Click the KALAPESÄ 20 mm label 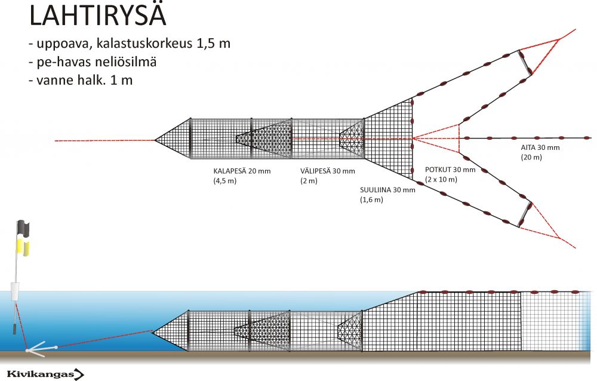pyautogui.click(x=242, y=171)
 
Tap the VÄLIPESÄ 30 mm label pyautogui.click(x=327, y=171)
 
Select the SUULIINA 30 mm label pyautogui.click(x=387, y=190)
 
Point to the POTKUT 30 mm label pyautogui.click(x=450, y=170)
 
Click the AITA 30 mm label pyautogui.click(x=540, y=148)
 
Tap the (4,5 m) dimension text pyautogui.click(x=225, y=180)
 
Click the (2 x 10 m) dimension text pyautogui.click(x=441, y=179)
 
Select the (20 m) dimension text pyautogui.click(x=531, y=157)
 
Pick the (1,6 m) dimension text pyautogui.click(x=371, y=199)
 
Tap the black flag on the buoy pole pyautogui.click(x=23, y=228)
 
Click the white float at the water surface pyautogui.click(x=16, y=291)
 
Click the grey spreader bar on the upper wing pyautogui.click(x=525, y=63)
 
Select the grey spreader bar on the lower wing pyautogui.click(x=525, y=214)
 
